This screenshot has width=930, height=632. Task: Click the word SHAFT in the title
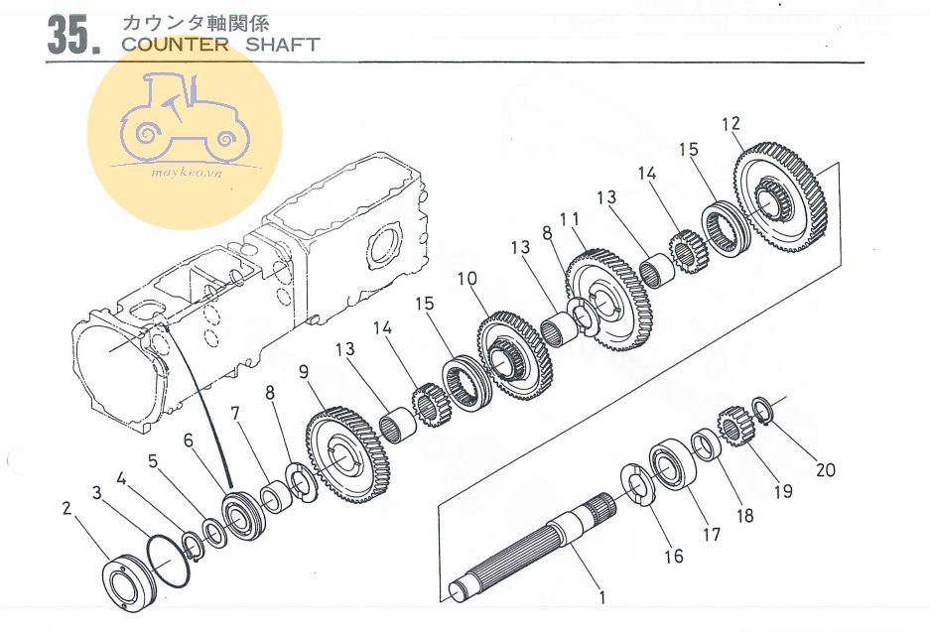(282, 45)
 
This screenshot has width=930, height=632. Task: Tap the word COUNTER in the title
(175, 45)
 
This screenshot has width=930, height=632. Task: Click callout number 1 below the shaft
(602, 597)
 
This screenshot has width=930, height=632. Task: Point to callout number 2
(66, 509)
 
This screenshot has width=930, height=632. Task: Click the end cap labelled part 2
(129, 581)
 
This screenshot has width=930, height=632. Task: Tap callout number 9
(304, 372)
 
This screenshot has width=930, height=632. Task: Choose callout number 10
(467, 278)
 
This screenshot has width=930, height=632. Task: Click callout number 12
(731, 123)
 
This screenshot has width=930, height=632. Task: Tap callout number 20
(825, 470)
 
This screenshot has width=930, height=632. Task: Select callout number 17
(711, 535)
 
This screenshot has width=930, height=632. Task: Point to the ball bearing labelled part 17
(673, 463)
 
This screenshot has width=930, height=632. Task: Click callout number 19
(783, 491)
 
